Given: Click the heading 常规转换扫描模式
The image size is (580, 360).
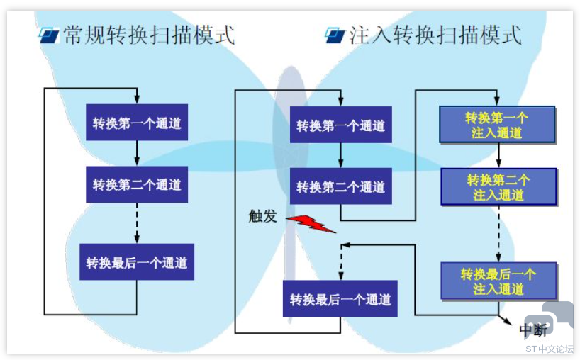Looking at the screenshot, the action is [x=149, y=35].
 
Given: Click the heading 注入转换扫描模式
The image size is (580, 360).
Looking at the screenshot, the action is [x=435, y=35].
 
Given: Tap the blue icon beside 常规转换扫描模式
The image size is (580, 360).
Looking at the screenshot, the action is [x=49, y=35].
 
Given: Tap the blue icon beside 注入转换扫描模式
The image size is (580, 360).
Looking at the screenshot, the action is [x=335, y=35].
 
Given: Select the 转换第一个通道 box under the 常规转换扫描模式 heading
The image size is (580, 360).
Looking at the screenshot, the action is [x=137, y=123].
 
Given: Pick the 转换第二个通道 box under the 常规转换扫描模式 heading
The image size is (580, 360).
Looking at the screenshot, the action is [x=137, y=184].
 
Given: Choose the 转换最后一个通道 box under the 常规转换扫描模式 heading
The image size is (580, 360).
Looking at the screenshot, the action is [x=137, y=261].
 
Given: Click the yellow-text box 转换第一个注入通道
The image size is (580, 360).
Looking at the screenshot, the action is [x=498, y=125].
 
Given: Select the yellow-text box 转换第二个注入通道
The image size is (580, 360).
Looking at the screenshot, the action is [x=499, y=186].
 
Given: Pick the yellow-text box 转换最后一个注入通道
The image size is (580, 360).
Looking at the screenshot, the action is [x=499, y=281].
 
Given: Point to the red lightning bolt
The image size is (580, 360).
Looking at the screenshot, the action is [x=311, y=224].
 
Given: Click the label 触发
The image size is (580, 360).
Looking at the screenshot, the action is [x=262, y=216].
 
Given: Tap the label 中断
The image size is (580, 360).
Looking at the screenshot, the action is [x=533, y=330].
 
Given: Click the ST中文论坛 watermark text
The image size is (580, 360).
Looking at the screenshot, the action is [x=550, y=349].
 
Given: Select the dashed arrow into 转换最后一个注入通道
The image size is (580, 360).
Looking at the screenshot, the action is [x=498, y=234].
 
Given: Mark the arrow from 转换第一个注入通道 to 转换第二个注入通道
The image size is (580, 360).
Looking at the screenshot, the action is [x=498, y=156].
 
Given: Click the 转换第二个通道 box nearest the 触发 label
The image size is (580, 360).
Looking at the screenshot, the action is [x=340, y=186].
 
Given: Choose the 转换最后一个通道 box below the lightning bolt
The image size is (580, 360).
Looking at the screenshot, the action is [x=340, y=298].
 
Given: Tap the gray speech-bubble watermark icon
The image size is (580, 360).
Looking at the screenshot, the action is [x=550, y=317].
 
